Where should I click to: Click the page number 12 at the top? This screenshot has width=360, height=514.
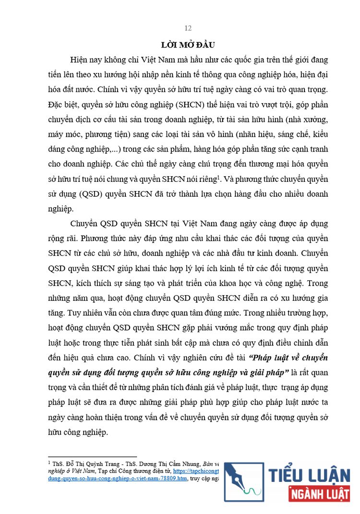coord(188,28)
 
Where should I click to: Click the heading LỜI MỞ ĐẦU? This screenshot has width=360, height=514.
coord(188,45)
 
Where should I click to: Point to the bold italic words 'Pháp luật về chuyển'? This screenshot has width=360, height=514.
coord(291,358)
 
